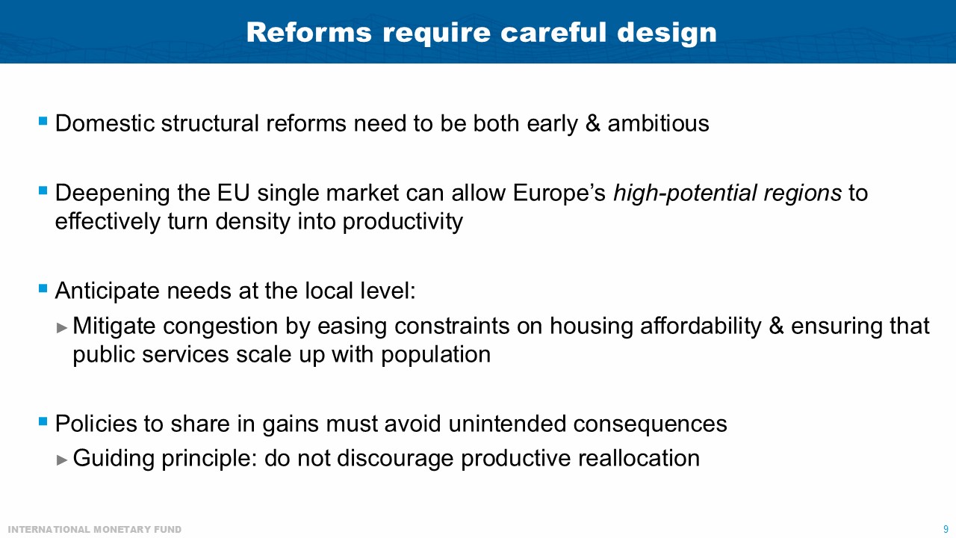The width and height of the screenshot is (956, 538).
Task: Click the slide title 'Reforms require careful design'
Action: tap(481, 32)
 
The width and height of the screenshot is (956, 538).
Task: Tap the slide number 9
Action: tap(946, 529)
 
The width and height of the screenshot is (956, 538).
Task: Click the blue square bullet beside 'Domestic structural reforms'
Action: tap(43, 120)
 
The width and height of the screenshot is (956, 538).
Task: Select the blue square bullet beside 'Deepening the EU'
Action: tap(43, 191)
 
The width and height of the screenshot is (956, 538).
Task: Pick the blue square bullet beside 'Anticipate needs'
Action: tap(43, 288)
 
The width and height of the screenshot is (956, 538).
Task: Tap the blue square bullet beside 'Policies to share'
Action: tap(43, 422)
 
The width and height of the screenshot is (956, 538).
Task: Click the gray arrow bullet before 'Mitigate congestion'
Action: tap(62, 327)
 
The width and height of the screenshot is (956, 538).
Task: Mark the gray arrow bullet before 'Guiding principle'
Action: tap(62, 458)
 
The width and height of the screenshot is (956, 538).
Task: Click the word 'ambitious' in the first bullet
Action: tap(658, 123)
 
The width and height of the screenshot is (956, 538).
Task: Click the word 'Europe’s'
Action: tap(560, 194)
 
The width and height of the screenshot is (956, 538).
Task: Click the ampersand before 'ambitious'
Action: tap(593, 123)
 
